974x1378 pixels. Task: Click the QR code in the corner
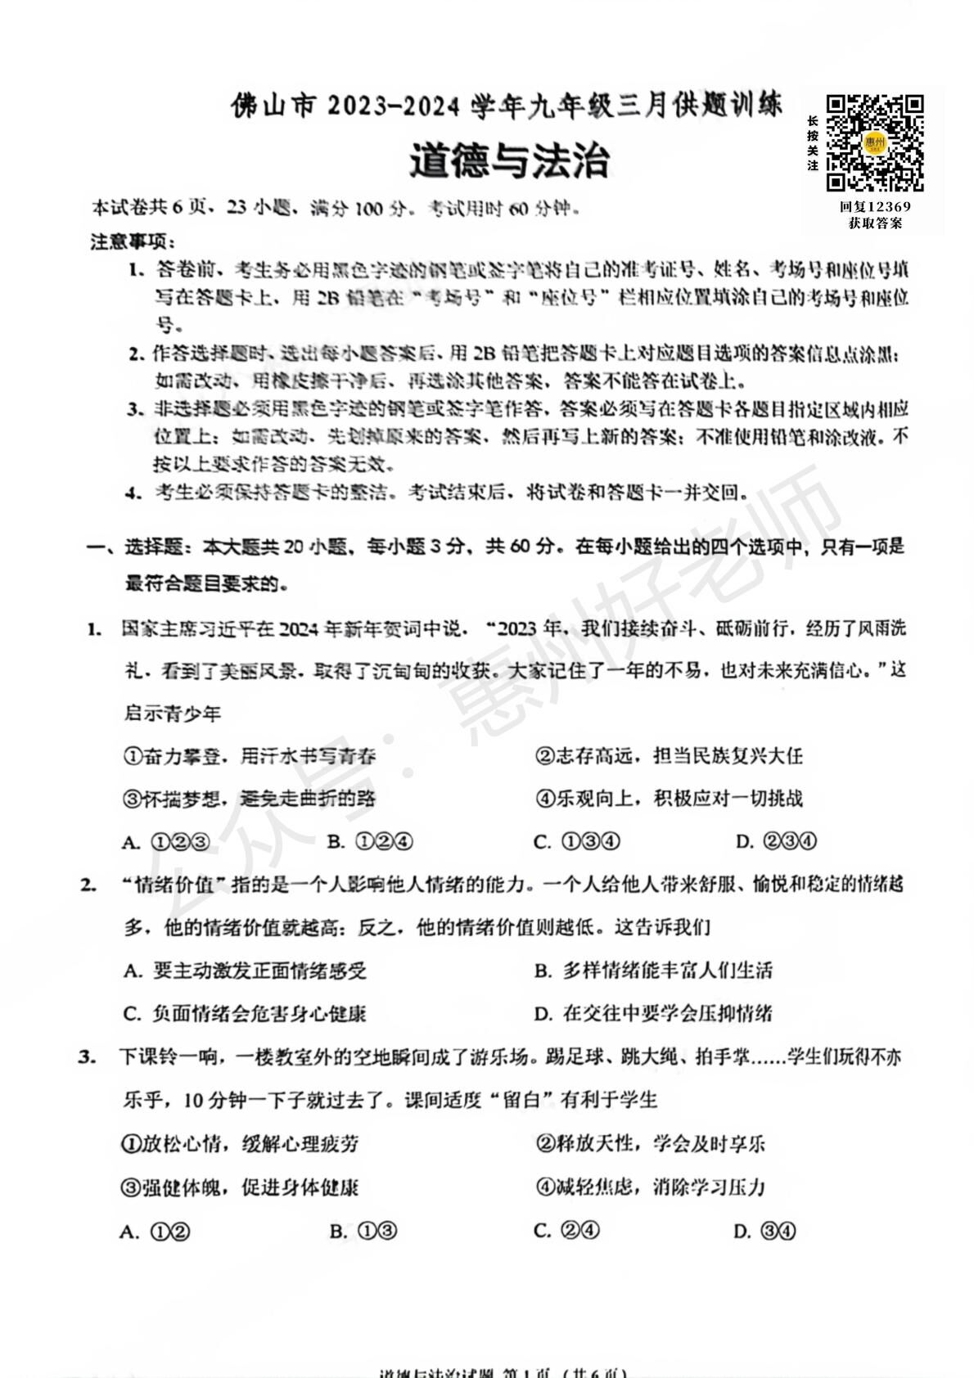pyautogui.click(x=874, y=142)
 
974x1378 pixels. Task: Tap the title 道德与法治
pyautogui.click(x=509, y=160)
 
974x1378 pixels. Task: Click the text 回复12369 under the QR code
pyautogui.click(x=874, y=207)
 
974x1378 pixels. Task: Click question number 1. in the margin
pyautogui.click(x=95, y=628)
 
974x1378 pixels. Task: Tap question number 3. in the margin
pyautogui.click(x=88, y=1056)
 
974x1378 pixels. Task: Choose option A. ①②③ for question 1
pyautogui.click(x=166, y=842)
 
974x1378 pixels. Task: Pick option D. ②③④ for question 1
pyautogui.click(x=776, y=841)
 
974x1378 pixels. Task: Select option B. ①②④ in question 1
pyautogui.click(x=370, y=842)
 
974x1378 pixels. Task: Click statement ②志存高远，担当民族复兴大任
pyautogui.click(x=669, y=755)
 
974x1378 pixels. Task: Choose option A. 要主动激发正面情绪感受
pyautogui.click(x=245, y=971)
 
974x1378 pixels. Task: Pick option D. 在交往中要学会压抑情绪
pyautogui.click(x=653, y=1014)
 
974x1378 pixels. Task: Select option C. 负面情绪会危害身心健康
pyautogui.click(x=245, y=1014)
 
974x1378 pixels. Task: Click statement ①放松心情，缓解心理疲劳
pyautogui.click(x=240, y=1144)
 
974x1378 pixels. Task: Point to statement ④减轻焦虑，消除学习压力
pyautogui.click(x=650, y=1187)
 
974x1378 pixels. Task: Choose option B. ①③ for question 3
pyautogui.click(x=363, y=1232)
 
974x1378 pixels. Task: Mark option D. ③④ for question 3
pyautogui.click(x=764, y=1232)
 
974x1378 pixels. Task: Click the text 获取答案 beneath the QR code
pyautogui.click(x=874, y=223)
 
